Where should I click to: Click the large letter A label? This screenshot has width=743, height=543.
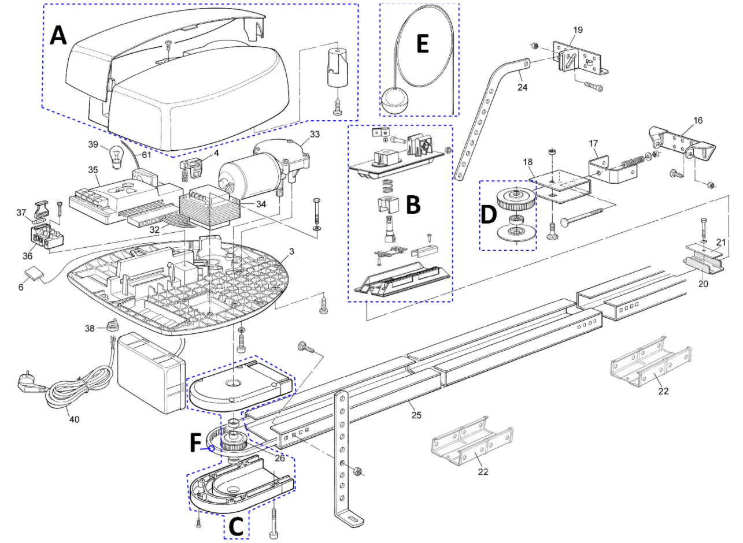point(58,36)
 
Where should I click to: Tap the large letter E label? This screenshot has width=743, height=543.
point(422,44)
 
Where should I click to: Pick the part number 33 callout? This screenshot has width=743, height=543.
point(315,134)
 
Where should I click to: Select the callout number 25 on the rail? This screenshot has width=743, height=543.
point(416,415)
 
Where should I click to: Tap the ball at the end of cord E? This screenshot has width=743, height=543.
point(395,102)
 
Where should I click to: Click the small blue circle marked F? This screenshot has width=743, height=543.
point(211,449)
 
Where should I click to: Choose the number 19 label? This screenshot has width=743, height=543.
point(578,30)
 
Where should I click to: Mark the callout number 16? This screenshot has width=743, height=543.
point(698,120)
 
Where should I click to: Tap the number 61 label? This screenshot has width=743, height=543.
point(147,155)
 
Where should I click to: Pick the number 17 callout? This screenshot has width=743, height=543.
point(593,143)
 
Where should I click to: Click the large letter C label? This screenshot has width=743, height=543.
point(236,526)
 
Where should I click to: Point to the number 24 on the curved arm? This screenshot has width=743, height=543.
point(522,87)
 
